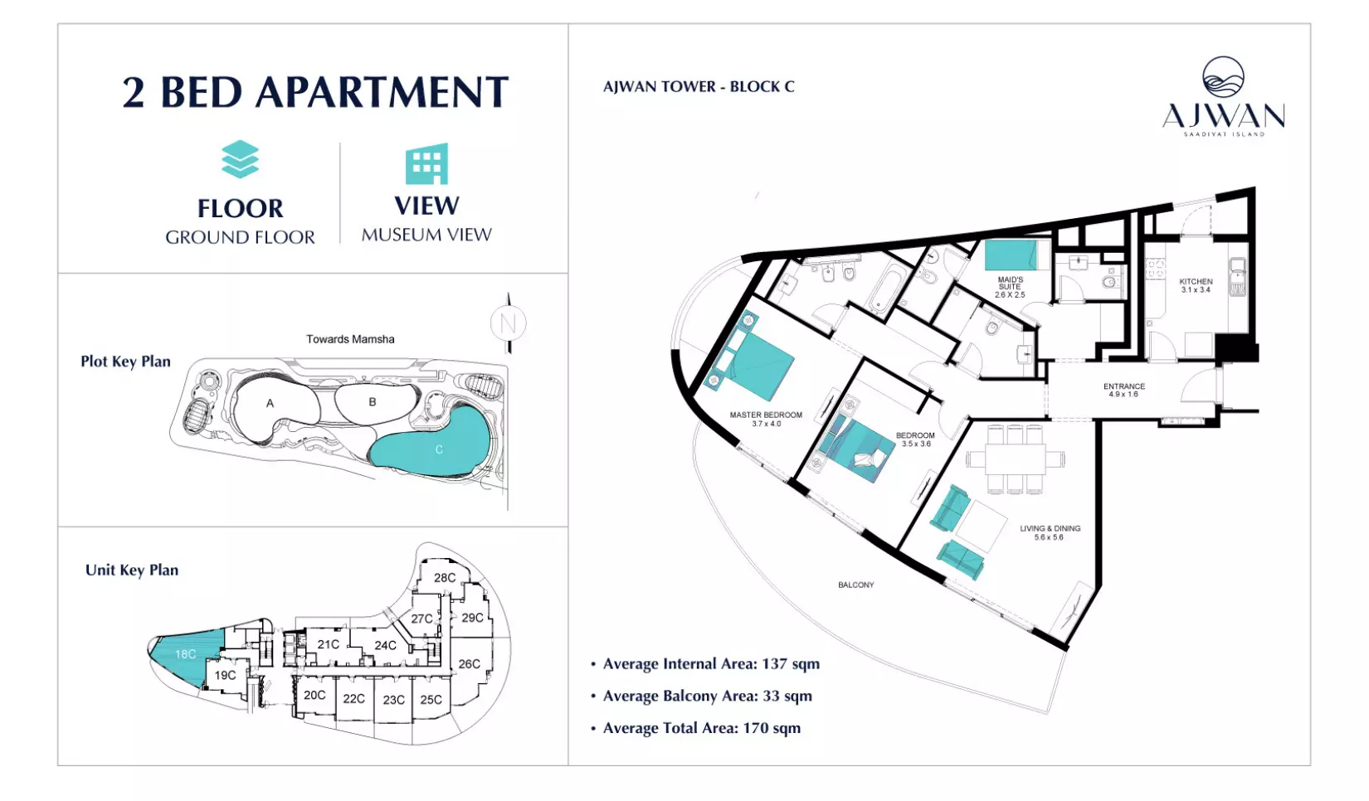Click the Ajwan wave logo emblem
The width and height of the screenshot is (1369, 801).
tap(1223, 77)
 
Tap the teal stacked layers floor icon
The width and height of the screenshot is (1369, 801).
tap(240, 159)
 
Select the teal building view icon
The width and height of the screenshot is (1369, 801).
tap(426, 163)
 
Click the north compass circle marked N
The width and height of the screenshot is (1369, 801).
tap(508, 323)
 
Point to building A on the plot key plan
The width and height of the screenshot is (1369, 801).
tap(270, 403)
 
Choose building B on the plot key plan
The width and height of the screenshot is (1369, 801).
tap(373, 402)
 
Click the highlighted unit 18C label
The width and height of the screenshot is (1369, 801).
tap(185, 654)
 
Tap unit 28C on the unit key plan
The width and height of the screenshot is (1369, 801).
tap(445, 577)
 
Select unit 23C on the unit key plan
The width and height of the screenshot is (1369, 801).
tap(393, 700)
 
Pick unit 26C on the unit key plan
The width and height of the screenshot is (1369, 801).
tap(470, 663)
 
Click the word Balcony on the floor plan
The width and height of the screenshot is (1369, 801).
tap(855, 585)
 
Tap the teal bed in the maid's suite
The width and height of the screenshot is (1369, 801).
tap(1011, 255)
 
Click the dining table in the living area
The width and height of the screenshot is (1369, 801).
tap(1016, 459)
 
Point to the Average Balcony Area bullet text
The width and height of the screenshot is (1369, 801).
tap(707, 696)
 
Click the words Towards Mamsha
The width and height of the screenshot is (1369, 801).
tap(350, 339)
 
